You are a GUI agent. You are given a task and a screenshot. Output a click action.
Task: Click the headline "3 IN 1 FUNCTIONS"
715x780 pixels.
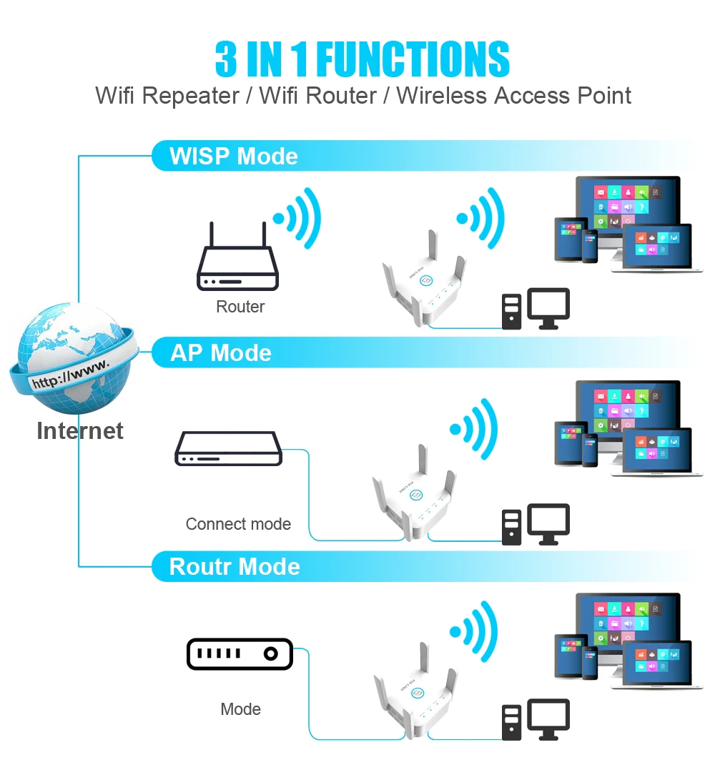[363, 59]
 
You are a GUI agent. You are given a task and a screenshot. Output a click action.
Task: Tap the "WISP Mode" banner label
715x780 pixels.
[233, 156]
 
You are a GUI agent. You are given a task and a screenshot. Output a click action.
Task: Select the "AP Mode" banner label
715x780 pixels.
[220, 352]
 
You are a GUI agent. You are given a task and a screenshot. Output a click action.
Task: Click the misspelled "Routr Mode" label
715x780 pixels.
[235, 567]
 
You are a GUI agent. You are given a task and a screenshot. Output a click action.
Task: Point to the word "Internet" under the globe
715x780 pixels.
[79, 431]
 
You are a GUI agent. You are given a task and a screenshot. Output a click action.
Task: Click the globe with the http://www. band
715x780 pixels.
[74, 358]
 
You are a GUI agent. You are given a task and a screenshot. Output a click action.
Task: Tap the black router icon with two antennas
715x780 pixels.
[237, 256]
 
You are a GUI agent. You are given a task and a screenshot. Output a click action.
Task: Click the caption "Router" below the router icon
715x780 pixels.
[240, 307]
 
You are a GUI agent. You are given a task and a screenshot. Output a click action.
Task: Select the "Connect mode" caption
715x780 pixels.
[238, 524]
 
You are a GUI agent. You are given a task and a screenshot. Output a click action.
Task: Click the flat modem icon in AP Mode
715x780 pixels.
[228, 448]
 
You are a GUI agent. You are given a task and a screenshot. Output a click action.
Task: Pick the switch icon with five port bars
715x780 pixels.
[240, 653]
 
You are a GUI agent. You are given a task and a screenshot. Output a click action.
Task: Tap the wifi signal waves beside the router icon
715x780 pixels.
[297, 218]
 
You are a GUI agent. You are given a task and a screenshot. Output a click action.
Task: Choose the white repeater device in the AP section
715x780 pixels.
[414, 493]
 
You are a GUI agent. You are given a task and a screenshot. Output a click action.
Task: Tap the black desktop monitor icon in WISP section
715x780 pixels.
[548, 308]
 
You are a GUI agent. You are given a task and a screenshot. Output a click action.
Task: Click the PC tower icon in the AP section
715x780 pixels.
[511, 528]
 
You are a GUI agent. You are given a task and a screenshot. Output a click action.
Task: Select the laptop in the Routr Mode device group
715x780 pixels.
[657, 666]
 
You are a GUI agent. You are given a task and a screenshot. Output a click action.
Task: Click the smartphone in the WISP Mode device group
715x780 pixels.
[590, 246]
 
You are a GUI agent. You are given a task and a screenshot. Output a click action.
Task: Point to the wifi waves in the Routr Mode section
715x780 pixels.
[473, 632]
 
